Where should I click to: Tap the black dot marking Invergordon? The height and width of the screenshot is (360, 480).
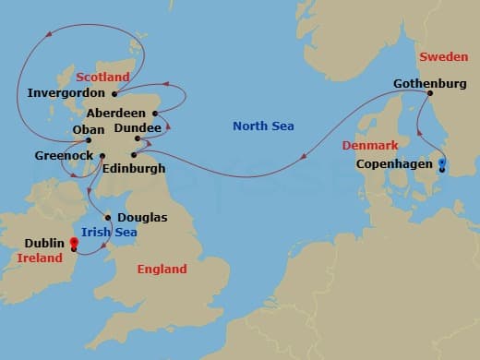point(114,93)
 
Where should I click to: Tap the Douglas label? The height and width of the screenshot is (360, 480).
point(143,217)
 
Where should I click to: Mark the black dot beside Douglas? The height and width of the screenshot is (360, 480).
point(109,218)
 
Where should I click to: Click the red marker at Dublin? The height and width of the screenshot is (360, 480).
point(73,243)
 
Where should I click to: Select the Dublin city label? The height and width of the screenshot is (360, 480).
point(44,244)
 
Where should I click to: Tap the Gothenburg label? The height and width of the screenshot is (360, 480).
point(431,82)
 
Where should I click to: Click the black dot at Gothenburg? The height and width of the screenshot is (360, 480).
point(430,93)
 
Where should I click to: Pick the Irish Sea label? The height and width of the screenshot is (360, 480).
point(109,233)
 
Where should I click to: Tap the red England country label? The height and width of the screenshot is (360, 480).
point(162,270)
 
